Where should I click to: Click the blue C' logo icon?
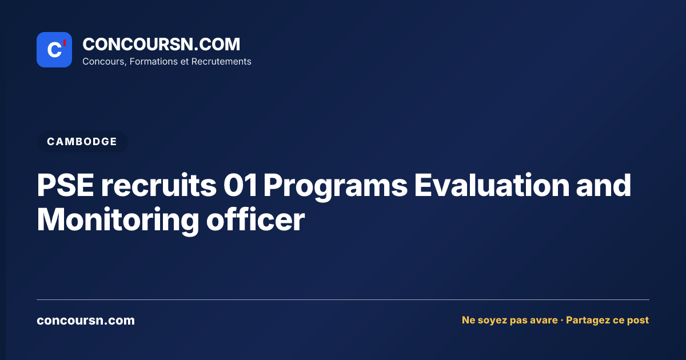click(54, 50)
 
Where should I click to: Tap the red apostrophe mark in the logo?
click(65, 43)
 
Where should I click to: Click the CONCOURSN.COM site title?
click(161, 45)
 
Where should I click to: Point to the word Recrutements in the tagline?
click(221, 62)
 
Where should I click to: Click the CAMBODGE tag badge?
click(82, 142)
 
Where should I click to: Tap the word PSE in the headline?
click(66, 186)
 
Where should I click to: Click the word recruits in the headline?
click(159, 186)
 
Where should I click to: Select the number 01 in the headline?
click(240, 186)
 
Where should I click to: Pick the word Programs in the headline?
click(336, 187)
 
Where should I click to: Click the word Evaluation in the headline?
click(492, 186)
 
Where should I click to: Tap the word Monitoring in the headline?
click(118, 221)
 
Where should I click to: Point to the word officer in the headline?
click(256, 220)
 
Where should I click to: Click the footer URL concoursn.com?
click(86, 321)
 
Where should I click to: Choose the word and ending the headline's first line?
click(604, 186)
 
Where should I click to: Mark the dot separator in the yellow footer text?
click(561, 321)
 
